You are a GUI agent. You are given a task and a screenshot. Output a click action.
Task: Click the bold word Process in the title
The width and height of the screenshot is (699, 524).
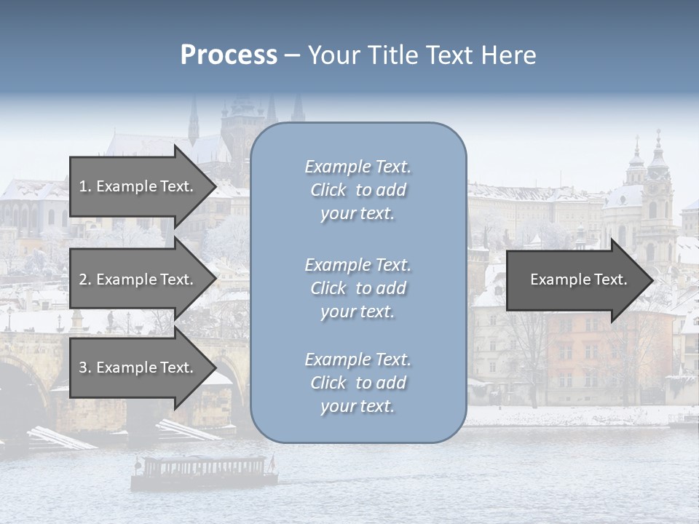229,55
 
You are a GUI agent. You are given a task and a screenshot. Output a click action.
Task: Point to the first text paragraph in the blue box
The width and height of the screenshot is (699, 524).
358,190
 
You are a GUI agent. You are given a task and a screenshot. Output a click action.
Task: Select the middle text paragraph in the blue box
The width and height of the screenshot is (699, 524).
358,288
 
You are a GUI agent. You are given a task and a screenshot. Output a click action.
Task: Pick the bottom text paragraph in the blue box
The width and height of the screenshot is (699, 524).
358,383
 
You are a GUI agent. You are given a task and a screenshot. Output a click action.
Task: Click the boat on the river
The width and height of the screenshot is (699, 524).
204,472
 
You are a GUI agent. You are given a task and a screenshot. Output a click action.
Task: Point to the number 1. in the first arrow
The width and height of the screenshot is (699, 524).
84,186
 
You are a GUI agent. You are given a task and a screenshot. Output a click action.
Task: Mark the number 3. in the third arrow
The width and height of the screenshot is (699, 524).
84,368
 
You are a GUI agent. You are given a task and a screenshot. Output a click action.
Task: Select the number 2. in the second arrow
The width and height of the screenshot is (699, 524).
84,279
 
